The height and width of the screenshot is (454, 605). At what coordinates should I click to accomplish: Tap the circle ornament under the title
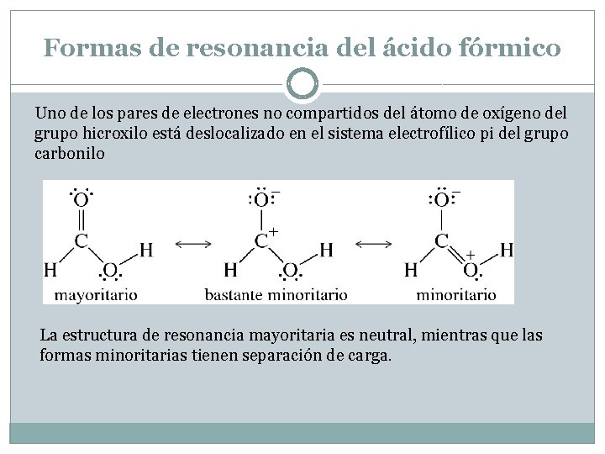click(302, 84)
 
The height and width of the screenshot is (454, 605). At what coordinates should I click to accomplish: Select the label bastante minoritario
click(276, 295)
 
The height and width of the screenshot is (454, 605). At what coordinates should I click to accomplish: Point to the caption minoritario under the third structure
click(455, 295)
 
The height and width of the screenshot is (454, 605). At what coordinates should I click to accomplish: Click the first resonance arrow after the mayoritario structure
click(193, 244)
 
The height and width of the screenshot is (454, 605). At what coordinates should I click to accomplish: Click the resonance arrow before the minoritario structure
click(373, 244)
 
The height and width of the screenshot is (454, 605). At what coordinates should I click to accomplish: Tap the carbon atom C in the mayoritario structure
click(82, 240)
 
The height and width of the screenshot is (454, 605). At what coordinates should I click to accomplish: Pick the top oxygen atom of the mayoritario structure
click(81, 200)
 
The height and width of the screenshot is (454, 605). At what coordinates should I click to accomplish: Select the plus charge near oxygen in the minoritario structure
click(471, 253)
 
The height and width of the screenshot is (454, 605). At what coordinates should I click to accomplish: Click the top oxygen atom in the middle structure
click(261, 200)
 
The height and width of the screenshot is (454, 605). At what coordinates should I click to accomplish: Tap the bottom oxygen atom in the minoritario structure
click(471, 270)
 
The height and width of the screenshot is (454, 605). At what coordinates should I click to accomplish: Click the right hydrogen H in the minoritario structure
click(507, 250)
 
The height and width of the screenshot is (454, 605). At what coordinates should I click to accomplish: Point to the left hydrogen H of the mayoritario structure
click(50, 271)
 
